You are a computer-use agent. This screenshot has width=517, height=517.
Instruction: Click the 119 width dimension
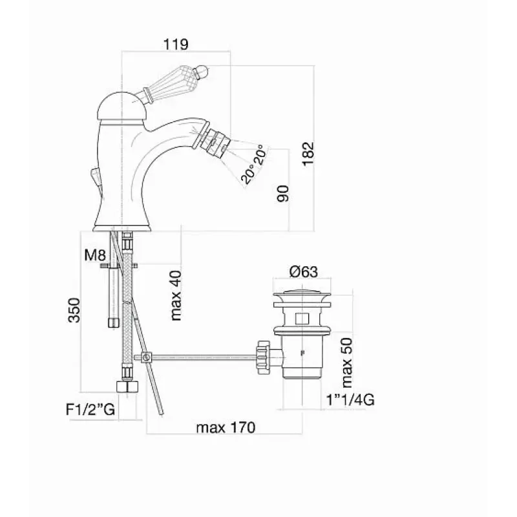[x=176, y=44]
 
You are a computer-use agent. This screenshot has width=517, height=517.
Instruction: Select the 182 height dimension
[x=309, y=154]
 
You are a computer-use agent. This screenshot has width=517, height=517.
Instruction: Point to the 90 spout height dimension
[x=283, y=193]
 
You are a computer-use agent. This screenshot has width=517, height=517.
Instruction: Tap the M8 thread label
[x=95, y=255]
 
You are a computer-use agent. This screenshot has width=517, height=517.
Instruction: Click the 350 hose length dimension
[x=74, y=310]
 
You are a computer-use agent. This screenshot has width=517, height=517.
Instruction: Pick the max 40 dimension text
[x=176, y=295]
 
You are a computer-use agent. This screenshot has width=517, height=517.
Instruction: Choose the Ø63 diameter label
[x=303, y=271]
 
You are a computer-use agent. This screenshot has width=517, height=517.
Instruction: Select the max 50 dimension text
[x=347, y=363]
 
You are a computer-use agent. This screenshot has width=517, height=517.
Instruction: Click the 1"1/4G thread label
[x=350, y=400]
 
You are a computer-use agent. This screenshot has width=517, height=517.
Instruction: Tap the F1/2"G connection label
[x=90, y=410]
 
